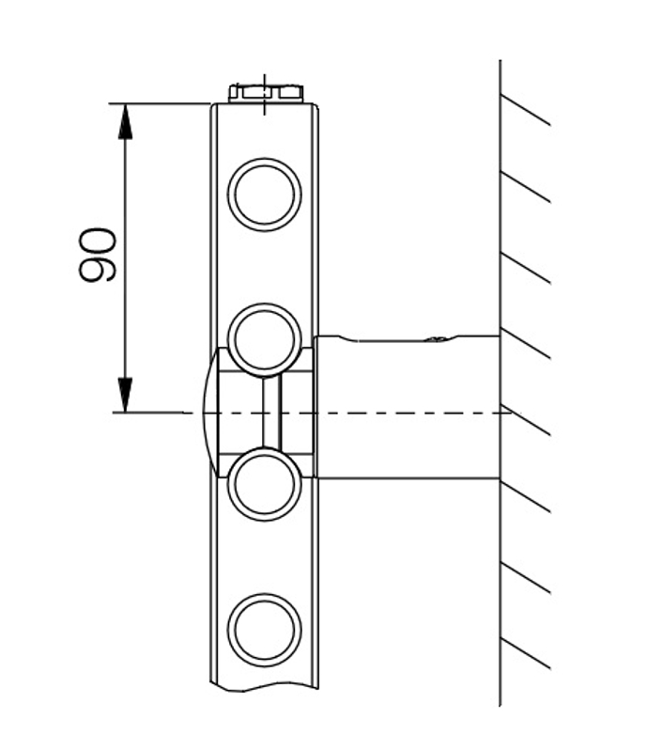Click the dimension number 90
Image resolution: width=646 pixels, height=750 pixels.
pos(98,255)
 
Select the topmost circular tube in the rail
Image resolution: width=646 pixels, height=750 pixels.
pos(265,195)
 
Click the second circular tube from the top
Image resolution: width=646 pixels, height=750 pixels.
pos(265,339)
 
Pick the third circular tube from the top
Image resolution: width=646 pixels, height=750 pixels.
pos(265,485)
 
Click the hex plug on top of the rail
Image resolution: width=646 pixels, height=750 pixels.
pos(266,92)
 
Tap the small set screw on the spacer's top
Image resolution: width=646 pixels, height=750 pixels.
pos(436,338)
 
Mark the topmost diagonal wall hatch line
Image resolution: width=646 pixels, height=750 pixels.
pos(525,109)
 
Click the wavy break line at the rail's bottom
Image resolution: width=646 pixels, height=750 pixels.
pos(265,690)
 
